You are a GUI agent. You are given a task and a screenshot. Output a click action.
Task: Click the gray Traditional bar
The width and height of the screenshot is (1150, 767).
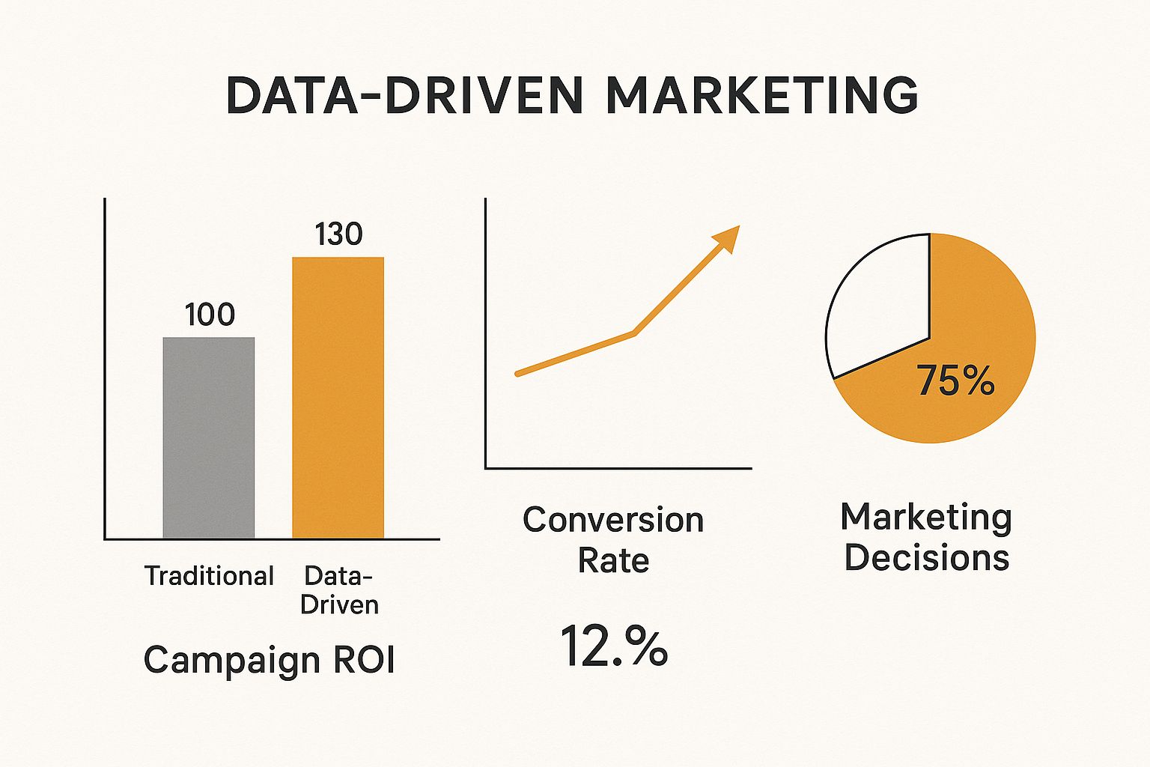click(209, 437)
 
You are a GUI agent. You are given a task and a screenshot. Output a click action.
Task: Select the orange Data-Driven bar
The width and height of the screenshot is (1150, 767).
click(338, 397)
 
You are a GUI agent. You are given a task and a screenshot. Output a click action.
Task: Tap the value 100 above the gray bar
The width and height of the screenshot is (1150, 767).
click(210, 315)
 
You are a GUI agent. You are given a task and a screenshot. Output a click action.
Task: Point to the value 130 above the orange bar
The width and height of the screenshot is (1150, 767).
click(338, 234)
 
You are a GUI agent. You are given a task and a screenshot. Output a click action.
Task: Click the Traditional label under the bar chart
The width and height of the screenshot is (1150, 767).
click(209, 576)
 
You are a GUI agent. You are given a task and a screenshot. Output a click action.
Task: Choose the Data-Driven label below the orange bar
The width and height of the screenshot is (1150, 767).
click(339, 590)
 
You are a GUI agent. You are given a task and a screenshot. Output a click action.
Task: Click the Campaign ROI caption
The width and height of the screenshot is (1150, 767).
click(269, 660)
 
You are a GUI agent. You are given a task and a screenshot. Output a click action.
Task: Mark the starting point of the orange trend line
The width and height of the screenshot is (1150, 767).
click(518, 372)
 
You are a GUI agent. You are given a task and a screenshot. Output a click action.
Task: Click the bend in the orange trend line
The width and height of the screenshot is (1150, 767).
click(634, 332)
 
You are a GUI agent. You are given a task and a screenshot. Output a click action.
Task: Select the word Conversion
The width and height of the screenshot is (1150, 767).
click(613, 520)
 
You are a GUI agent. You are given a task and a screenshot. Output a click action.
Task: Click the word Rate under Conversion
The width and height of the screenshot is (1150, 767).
click(613, 560)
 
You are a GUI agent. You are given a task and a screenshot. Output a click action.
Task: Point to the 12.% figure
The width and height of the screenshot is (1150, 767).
click(613, 646)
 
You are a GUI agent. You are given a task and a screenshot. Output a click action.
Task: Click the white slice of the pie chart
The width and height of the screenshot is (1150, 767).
click(876, 307)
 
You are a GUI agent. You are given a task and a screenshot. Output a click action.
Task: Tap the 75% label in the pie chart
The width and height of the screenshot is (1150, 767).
click(956, 381)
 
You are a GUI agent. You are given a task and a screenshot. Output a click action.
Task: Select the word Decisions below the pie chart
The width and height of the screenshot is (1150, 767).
click(927, 558)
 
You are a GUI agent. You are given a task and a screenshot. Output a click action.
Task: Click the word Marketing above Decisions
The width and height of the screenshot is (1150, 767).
click(927, 518)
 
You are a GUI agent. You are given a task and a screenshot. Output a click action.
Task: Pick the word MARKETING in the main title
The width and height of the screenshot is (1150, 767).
click(761, 96)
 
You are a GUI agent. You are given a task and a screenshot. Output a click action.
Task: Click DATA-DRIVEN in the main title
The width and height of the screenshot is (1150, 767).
click(404, 96)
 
